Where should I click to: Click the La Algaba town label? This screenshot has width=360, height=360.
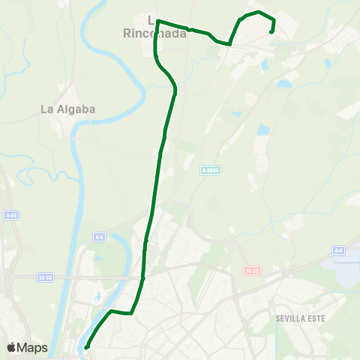point(67,109)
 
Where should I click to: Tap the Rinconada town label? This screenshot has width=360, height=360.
point(153,32)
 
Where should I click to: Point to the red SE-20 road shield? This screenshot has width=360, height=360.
point(251,270)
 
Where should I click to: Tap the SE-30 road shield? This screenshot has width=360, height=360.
point(45,277)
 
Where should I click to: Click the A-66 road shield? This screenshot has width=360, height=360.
point(11,215)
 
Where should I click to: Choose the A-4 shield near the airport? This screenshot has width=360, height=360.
point(338,250)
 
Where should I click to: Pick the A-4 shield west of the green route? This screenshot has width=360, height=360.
point(99,237)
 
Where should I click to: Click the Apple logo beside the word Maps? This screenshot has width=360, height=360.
point(12,347)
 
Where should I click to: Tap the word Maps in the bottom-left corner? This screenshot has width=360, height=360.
point(32,347)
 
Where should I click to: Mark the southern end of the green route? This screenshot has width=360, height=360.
point(87,346)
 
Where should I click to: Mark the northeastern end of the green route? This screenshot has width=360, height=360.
point(271,31)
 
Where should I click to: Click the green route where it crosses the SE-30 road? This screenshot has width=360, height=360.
point(142,277)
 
